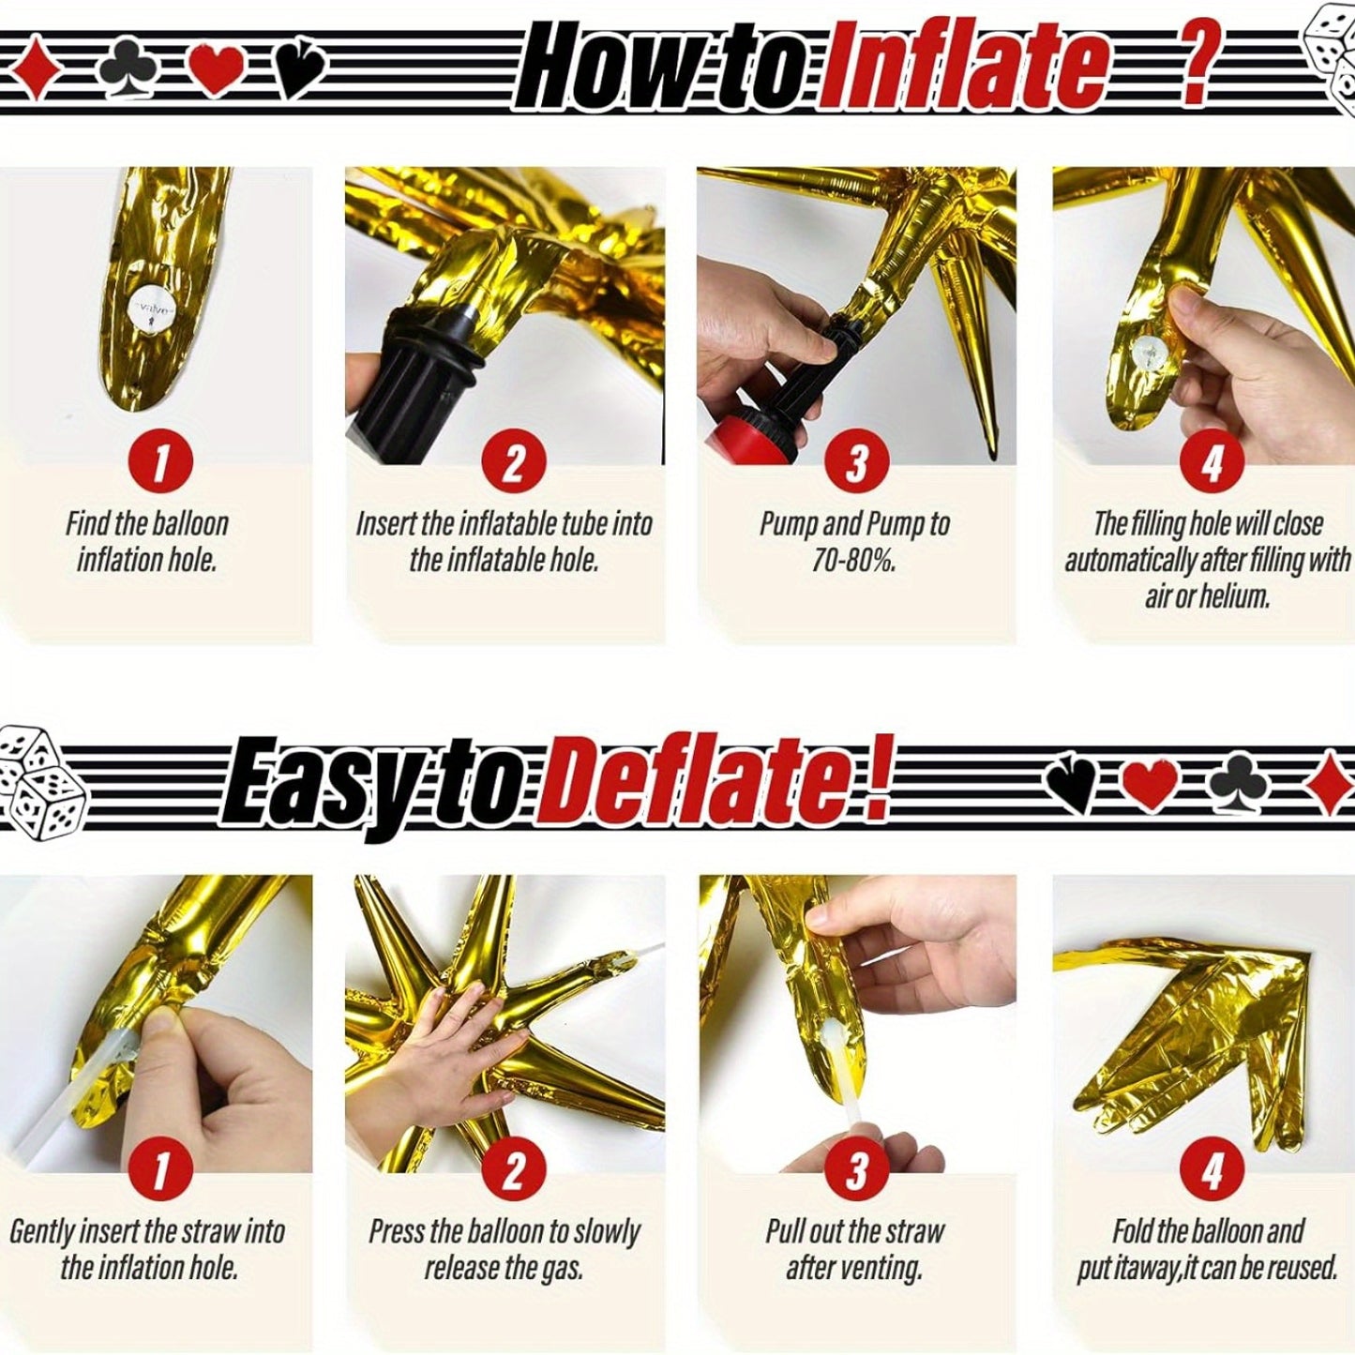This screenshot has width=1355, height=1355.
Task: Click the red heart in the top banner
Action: [x=218, y=69]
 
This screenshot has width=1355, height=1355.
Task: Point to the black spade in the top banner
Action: [x=301, y=70]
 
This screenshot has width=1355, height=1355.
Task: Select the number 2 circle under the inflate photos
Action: [x=514, y=462]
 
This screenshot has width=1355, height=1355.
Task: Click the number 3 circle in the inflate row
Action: [x=856, y=462]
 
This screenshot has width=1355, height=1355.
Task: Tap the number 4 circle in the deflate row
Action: [x=1211, y=1171]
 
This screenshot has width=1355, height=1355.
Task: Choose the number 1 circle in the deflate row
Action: [x=161, y=1171]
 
